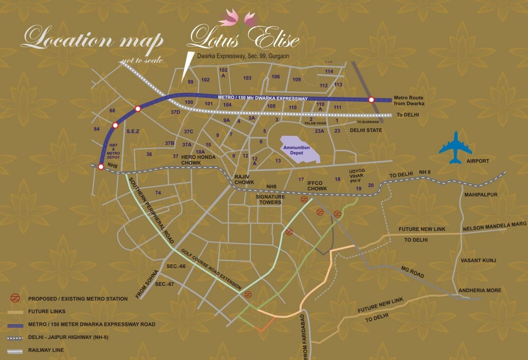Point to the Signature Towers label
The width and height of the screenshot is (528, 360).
[270, 199]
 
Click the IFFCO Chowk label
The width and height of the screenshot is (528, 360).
[317, 186]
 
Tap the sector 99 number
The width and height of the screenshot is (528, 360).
[190, 82]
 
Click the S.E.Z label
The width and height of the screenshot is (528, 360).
[132, 131]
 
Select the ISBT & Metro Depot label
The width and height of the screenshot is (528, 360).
[113, 151]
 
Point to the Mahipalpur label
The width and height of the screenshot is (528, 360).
[481, 195]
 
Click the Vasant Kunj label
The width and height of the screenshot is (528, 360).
[478, 260]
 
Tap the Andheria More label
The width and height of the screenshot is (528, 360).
[480, 290]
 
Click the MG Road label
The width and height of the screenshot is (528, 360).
[412, 272]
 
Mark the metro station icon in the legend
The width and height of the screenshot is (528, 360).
[15, 298]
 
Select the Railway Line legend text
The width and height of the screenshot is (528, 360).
[46, 350]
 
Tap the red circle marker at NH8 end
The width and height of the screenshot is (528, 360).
[101, 167]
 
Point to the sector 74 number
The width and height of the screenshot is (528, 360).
[158, 193]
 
